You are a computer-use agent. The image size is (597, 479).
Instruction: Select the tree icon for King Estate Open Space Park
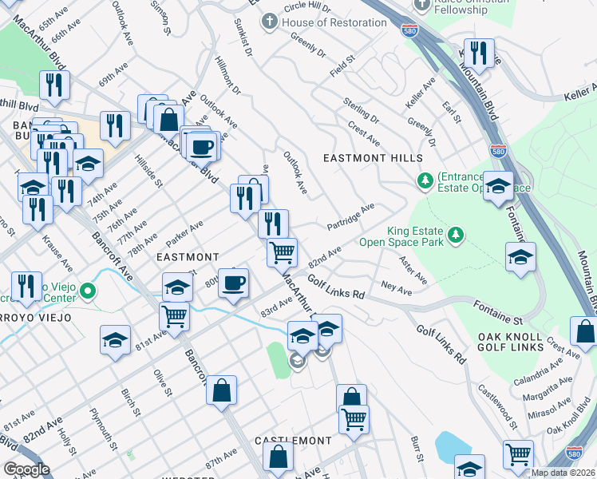[x=455, y=235]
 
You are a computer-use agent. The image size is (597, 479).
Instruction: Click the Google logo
[x=26, y=470]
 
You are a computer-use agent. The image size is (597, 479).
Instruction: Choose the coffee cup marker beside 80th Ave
[x=233, y=283]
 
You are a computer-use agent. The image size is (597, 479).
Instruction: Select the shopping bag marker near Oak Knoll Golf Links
[x=584, y=331]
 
